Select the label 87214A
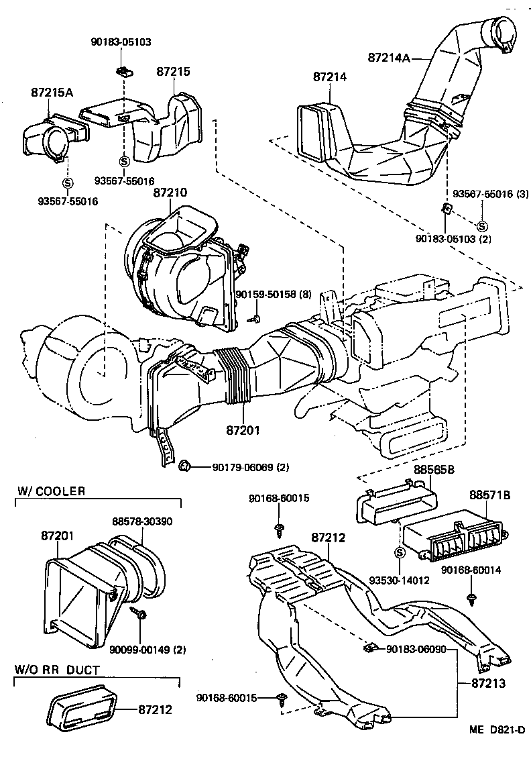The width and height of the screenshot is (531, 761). [389, 58]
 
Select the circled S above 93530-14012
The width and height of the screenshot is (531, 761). [398, 553]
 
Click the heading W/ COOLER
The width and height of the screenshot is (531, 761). [51, 491]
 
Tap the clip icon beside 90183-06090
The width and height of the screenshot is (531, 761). [369, 648]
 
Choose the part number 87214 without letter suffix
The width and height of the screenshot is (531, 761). [330, 77]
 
